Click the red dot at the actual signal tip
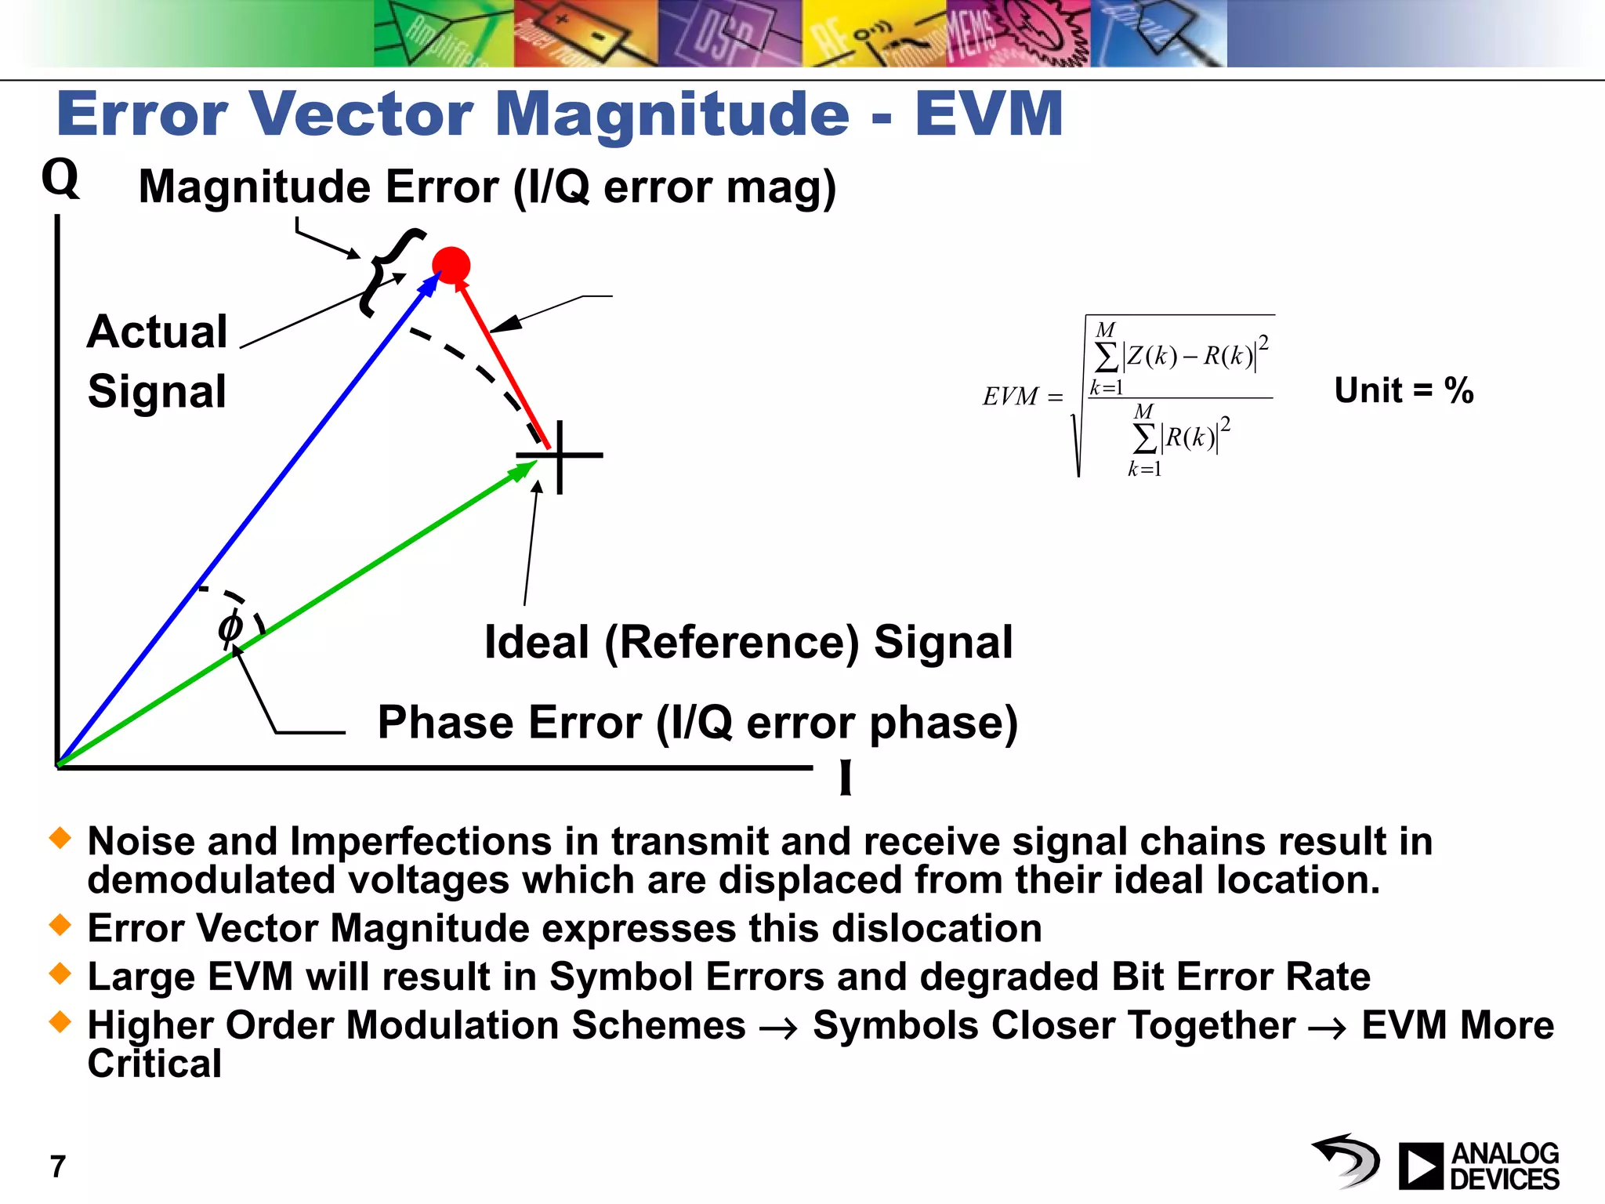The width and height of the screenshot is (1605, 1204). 451,265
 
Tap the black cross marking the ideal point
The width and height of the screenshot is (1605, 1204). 560,455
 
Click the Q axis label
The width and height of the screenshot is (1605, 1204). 60,178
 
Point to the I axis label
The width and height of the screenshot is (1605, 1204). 846,778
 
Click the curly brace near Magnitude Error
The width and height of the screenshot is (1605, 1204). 389,273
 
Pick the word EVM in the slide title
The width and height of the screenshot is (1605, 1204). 989,115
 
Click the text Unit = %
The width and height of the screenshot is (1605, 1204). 1404,390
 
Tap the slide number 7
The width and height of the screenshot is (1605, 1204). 58,1166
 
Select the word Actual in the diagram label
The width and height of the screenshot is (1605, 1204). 158,332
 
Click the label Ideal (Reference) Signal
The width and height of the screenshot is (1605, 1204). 748,643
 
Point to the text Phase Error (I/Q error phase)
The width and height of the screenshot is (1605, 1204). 697,723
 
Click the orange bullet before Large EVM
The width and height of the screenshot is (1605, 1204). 60,975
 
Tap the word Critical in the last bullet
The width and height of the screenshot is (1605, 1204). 154,1064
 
